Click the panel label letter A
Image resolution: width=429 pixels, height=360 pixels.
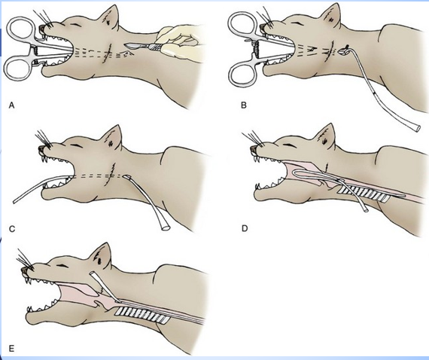pos(11,107)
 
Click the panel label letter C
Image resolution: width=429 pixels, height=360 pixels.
pos(11,226)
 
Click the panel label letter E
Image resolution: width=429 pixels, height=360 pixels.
pos(11,349)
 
